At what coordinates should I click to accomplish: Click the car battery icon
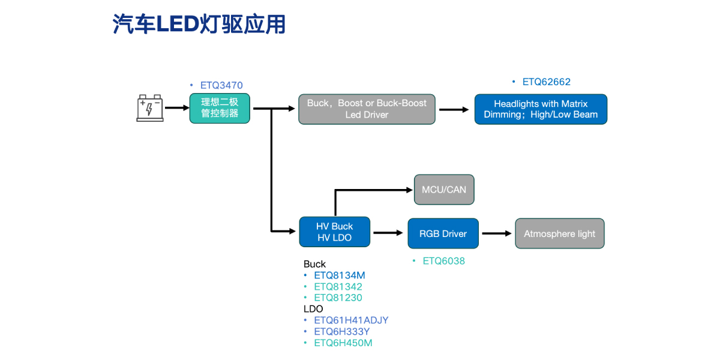tap(150, 108)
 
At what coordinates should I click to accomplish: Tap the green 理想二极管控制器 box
tap(220, 108)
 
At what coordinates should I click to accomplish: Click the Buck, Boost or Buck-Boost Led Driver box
tap(367, 109)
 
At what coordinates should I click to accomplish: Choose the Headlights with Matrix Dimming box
tap(541, 109)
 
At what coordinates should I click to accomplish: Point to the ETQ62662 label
tap(546, 82)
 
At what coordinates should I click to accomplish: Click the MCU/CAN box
tap(444, 190)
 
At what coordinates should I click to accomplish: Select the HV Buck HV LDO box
tap(334, 232)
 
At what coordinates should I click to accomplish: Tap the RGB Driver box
tap(443, 233)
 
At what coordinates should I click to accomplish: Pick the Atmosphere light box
tap(559, 233)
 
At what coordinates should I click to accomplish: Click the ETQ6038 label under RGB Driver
tap(443, 261)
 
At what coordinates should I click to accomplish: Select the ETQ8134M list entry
tap(339, 275)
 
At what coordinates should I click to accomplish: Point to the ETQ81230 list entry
tap(338, 298)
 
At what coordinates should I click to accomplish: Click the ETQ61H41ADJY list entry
tap(351, 320)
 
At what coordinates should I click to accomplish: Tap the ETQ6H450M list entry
tap(343, 343)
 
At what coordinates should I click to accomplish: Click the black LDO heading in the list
tap(313, 309)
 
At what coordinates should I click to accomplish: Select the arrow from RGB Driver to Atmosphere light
tap(497, 233)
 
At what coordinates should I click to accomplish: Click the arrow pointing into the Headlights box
tap(454, 109)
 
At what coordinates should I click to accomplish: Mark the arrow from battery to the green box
tap(176, 108)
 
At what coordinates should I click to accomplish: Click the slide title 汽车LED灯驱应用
tap(199, 24)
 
